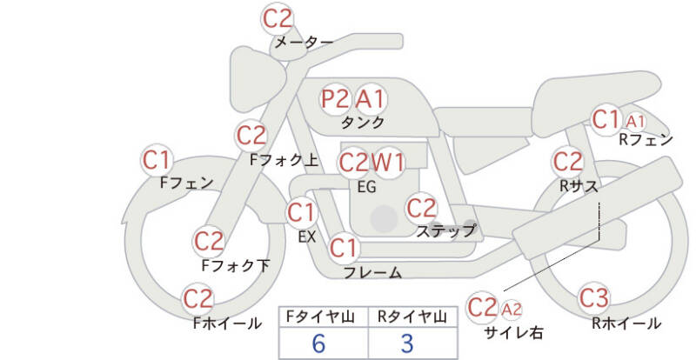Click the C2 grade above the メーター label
pos(278,18)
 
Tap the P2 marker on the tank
pos(335,99)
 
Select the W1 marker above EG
pos(388,163)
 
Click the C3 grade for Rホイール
pos(594,298)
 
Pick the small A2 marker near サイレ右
pos(511,310)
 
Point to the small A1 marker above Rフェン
pos(635,121)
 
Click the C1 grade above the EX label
pos(301,212)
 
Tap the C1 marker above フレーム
pos(344,248)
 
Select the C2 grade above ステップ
pos(421,208)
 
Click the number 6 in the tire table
pos(318,343)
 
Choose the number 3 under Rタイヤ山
pos(407,343)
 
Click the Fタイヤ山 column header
pos(319,317)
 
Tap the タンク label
pos(363,123)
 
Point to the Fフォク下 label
pos(236,265)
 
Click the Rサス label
pos(579,186)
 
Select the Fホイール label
pos(227,323)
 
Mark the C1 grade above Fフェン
pos(157,160)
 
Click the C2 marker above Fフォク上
pos(251,136)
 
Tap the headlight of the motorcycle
pos(256,79)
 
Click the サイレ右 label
pos(513,332)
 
